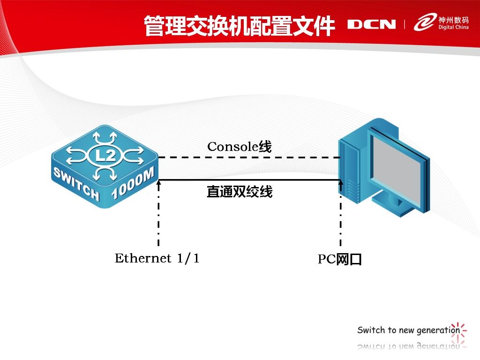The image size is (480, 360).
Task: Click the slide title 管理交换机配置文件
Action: click(x=240, y=26)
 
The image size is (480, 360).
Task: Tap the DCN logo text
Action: click(x=371, y=24)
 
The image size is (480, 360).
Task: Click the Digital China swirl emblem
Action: click(x=425, y=22)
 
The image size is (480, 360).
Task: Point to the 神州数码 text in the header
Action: click(x=453, y=20)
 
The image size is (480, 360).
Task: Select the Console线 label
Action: click(x=240, y=147)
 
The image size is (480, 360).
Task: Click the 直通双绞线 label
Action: click(x=240, y=192)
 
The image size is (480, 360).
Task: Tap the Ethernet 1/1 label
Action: click(x=157, y=258)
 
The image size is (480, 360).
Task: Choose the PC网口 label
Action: click(x=340, y=259)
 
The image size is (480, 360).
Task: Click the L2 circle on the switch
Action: click(x=105, y=156)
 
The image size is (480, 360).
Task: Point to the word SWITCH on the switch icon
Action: click(x=76, y=184)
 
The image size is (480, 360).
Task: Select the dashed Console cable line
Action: click(x=249, y=157)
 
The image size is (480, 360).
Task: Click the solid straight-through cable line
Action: click(x=249, y=180)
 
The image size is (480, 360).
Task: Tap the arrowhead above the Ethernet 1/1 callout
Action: click(x=158, y=183)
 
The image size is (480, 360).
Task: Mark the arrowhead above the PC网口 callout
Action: click(x=340, y=183)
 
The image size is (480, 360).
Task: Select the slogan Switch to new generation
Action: click(x=408, y=330)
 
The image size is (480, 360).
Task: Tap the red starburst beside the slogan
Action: click(x=458, y=332)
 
